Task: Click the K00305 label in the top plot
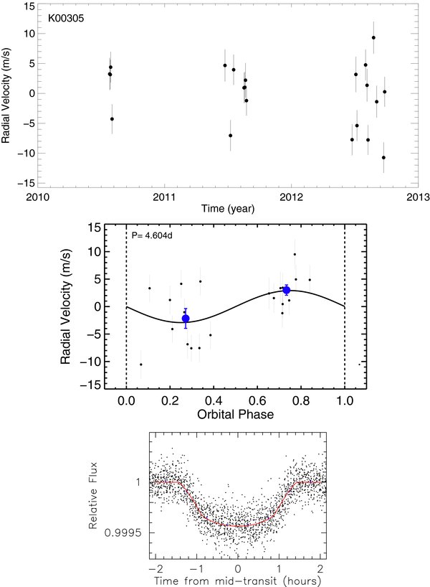tap(66, 18)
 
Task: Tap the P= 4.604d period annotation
tap(152, 235)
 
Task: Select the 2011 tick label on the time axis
tap(164, 197)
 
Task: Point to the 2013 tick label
tap(418, 197)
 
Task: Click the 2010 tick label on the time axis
tap(37, 197)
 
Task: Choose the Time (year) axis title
tap(228, 209)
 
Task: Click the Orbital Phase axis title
tap(235, 415)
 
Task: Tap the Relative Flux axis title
tap(92, 496)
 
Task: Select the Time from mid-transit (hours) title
tap(237, 581)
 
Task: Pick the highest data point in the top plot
tap(373, 37)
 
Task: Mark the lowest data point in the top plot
tap(383, 158)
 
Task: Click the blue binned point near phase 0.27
tap(186, 319)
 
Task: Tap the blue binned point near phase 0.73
tap(287, 290)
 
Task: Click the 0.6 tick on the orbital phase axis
tap(257, 401)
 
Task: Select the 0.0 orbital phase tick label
tap(126, 401)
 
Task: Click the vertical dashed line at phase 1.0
tap(345, 306)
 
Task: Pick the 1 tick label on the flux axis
tap(139, 482)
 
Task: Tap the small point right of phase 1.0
tap(359, 365)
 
